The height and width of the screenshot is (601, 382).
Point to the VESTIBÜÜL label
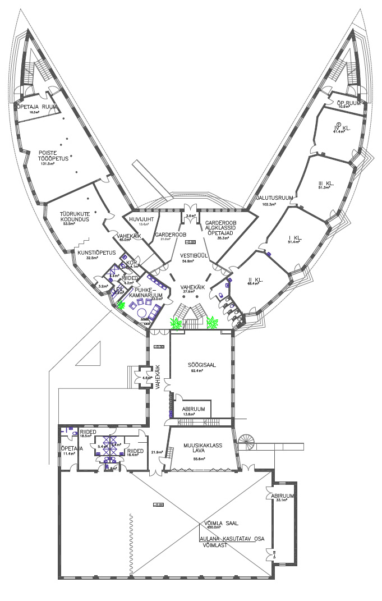[194, 255]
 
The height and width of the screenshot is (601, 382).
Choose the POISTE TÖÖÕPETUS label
[53, 155]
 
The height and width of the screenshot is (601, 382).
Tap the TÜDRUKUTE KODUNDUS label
[76, 217]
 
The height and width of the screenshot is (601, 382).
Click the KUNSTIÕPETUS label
[96, 253]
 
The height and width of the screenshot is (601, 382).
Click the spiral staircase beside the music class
[247, 442]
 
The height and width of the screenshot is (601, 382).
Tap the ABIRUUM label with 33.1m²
[279, 496]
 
